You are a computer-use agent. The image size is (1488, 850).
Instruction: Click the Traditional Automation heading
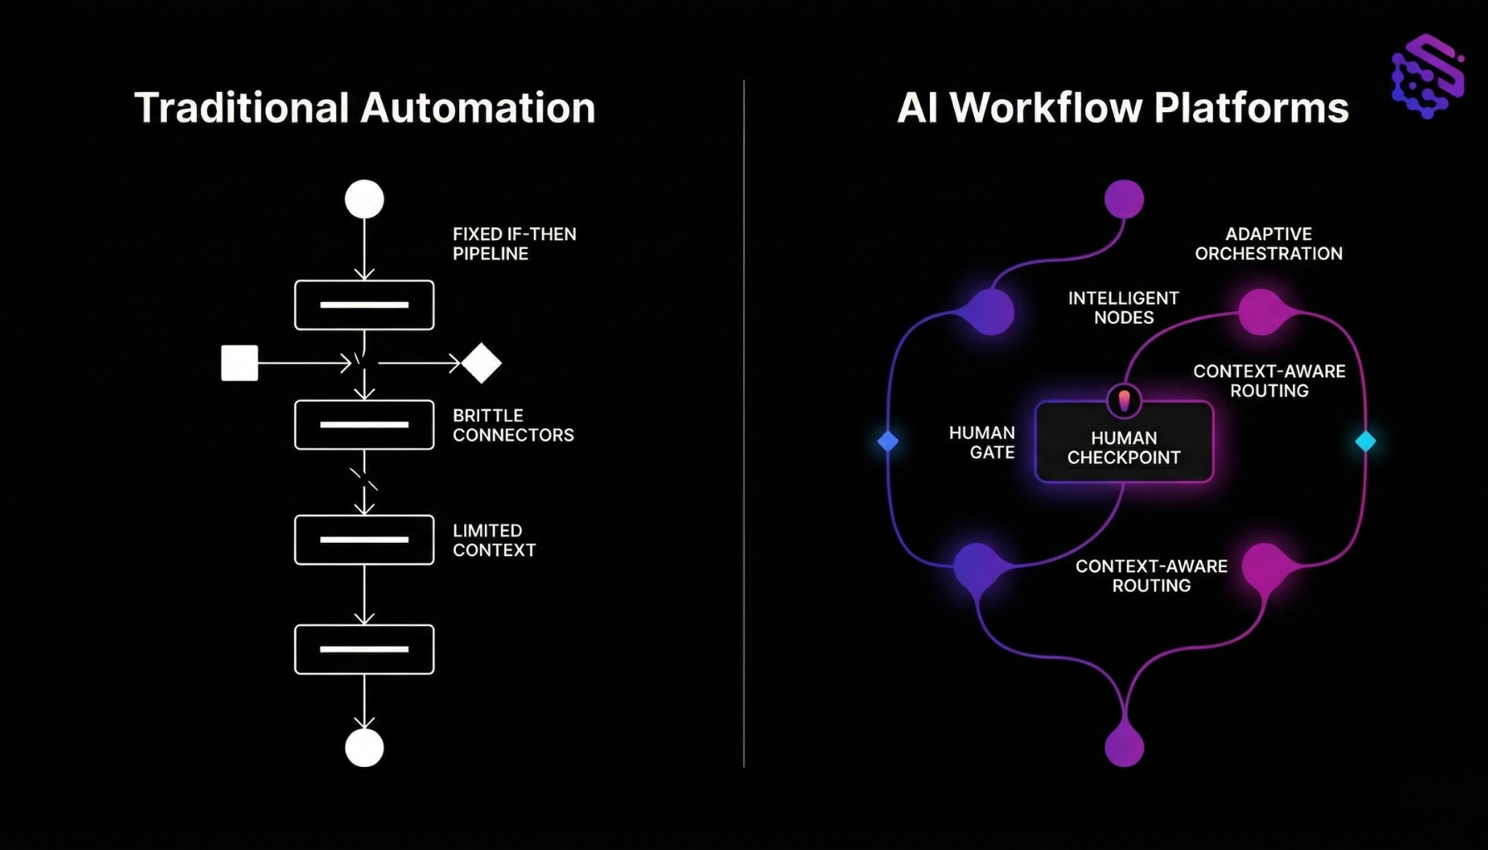[365, 109]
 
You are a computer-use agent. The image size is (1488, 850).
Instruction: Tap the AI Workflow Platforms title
[1123, 109]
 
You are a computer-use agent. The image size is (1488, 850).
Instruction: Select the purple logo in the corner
[1427, 76]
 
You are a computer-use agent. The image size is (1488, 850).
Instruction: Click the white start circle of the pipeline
[365, 199]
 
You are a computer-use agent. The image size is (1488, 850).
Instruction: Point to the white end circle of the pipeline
[365, 748]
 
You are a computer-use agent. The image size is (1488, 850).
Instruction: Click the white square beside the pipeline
[239, 363]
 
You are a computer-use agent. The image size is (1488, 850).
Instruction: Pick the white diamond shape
[482, 363]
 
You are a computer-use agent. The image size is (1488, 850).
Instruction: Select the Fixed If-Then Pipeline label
[514, 244]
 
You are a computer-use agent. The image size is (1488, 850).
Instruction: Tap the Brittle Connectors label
[512, 425]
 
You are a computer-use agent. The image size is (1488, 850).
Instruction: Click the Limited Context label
[494, 540]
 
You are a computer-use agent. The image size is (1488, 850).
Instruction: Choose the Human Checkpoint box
[1123, 448]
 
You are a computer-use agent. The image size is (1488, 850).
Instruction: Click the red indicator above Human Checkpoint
[1124, 401]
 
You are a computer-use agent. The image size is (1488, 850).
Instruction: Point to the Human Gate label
[982, 442]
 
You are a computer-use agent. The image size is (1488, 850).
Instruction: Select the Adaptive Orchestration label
[1268, 244]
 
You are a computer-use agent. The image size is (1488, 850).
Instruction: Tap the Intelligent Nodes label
[1123, 308]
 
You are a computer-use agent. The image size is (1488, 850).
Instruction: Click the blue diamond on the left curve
[888, 441]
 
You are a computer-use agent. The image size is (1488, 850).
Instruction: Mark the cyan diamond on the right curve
[1365, 441]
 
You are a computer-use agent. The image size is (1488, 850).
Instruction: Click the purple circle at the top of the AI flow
[1124, 199]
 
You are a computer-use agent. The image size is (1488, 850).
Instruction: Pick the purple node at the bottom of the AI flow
[1124, 746]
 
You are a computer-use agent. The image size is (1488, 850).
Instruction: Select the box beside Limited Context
[365, 540]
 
